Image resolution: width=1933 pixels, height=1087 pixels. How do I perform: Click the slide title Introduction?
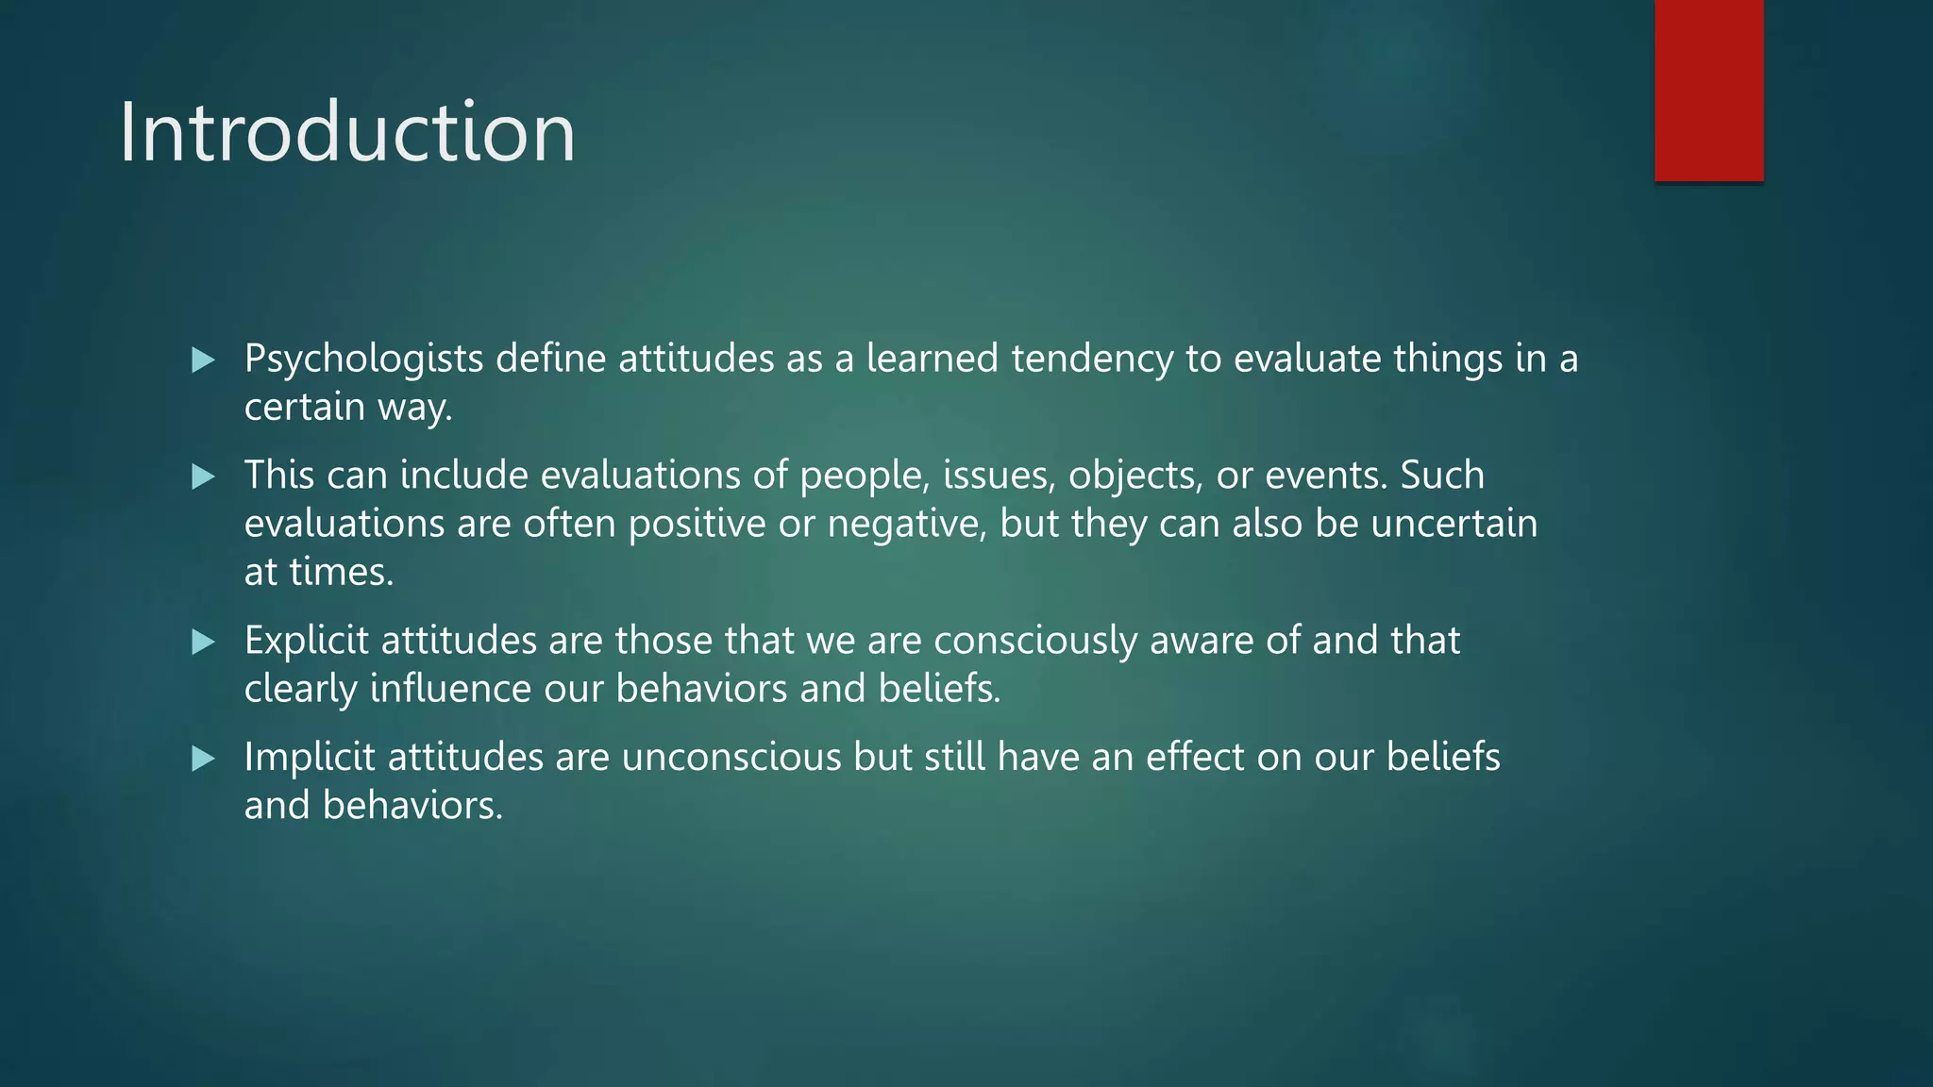(x=346, y=132)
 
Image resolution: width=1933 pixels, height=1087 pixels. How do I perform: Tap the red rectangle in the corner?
(x=1708, y=90)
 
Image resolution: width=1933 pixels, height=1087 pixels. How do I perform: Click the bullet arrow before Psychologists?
(x=203, y=360)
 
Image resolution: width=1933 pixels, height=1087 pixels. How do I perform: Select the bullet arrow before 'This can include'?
(x=203, y=477)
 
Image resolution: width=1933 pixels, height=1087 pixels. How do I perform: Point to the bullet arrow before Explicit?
(x=203, y=643)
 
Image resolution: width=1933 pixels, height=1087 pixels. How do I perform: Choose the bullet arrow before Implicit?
(x=203, y=759)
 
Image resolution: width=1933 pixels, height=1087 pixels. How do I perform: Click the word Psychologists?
(x=363, y=360)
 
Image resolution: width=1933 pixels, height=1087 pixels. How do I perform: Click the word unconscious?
(x=731, y=758)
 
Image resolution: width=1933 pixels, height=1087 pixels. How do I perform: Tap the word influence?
(x=450, y=689)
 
